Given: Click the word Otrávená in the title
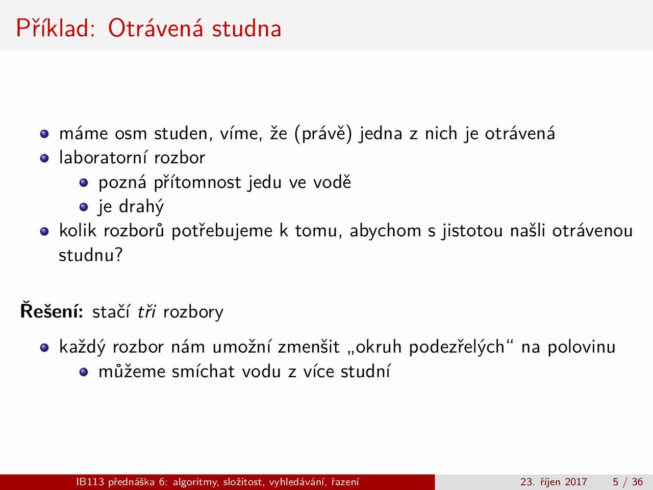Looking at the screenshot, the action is pos(156,28).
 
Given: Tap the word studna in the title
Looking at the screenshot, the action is pos(246,28).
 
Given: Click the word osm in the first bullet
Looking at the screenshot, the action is pos(131,133).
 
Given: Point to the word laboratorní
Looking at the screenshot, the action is pos(103,157).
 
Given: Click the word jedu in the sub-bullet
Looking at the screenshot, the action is pos(265,182).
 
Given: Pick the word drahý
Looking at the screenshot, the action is pos(141,207).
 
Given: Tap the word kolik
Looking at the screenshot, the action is pos(78,231).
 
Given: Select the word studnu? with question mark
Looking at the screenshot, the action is pos(90,255).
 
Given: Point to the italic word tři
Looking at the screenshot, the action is pos(147,311).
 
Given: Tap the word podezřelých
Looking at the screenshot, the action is pos(457,347).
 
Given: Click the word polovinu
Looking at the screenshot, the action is pos(581,347).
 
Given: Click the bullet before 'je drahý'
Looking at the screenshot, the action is pos(84,207).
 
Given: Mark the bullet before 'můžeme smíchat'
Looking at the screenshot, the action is pos(84,372).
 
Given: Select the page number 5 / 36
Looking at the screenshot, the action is pos(627,481).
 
